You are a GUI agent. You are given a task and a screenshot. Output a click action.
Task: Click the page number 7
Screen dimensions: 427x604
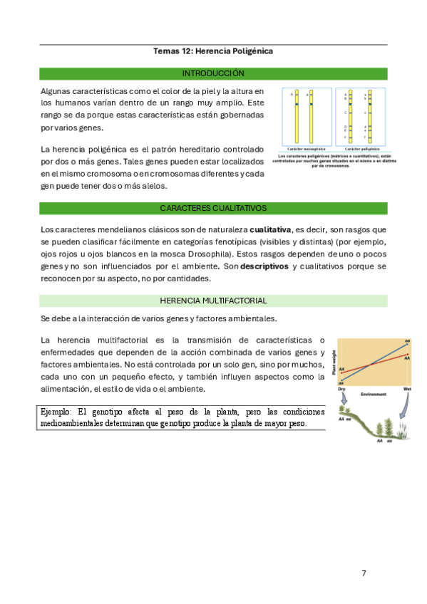pyautogui.click(x=364, y=573)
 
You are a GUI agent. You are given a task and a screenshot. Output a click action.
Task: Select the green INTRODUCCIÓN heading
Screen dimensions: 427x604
pyautogui.click(x=213, y=73)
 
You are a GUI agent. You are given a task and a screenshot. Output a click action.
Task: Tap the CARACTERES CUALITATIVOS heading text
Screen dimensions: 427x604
pyautogui.click(x=213, y=208)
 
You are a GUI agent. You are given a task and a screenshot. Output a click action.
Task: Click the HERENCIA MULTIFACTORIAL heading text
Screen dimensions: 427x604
pyautogui.click(x=213, y=301)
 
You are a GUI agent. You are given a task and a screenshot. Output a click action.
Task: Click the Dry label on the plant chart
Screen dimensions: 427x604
pyautogui.click(x=342, y=389)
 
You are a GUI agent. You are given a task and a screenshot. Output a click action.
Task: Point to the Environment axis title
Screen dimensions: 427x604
pyautogui.click(x=374, y=394)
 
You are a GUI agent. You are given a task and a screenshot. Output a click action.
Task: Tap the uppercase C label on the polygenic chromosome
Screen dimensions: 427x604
pyautogui.click(x=346, y=113)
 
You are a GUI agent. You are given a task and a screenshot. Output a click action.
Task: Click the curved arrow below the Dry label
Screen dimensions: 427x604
pyautogui.click(x=343, y=403)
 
